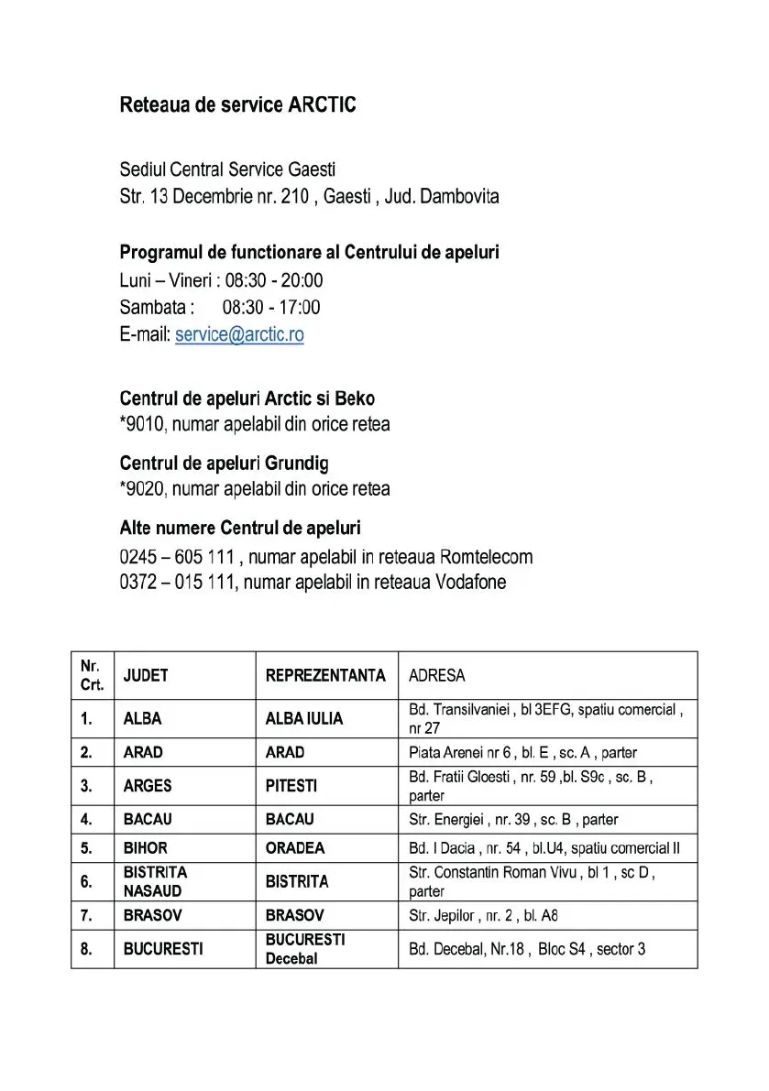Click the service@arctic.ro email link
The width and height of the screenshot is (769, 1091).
(x=239, y=334)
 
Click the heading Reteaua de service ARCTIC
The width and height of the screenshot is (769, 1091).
(x=237, y=105)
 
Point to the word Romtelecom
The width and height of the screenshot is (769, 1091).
(x=486, y=557)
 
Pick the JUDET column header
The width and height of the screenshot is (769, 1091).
(x=146, y=676)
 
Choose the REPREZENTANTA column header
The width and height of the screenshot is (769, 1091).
(x=325, y=676)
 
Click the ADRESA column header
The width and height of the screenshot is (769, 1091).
(x=436, y=676)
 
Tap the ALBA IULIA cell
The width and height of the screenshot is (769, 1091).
(x=304, y=719)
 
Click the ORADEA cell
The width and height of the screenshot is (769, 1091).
(x=295, y=848)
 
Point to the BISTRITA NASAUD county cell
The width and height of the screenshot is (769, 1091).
(x=155, y=881)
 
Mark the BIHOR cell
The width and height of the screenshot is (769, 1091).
(x=146, y=848)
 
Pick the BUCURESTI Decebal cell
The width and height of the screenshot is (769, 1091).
(x=305, y=949)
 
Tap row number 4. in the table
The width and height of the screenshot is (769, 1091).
(x=86, y=819)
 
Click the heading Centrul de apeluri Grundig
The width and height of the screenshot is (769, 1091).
(x=225, y=464)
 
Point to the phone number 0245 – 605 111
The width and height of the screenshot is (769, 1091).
(x=179, y=557)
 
